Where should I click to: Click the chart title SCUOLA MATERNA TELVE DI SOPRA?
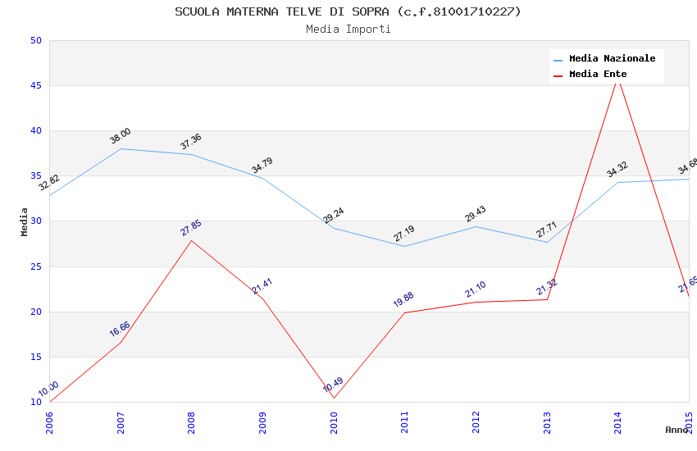point(348,11)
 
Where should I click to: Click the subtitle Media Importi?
point(348,30)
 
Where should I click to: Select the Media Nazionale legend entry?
point(612,59)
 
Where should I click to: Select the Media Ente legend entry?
point(598,75)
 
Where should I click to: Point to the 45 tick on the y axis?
point(36,86)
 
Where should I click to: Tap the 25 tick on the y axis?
point(36,266)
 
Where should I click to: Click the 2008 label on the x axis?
point(192,422)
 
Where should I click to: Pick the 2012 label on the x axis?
point(476,422)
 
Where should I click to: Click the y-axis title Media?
point(25,221)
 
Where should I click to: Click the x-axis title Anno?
point(676,430)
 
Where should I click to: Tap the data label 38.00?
point(121,136)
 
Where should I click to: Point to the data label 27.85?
point(191,228)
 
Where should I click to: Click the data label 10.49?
point(333,385)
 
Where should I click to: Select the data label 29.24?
point(333,216)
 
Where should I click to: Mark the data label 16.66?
point(120,329)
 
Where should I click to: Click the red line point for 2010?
point(334,398)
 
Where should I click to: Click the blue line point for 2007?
point(121,148)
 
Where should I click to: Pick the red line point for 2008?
point(192,240)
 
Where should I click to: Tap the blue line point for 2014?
point(618,182)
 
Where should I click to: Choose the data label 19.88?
point(403,300)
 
